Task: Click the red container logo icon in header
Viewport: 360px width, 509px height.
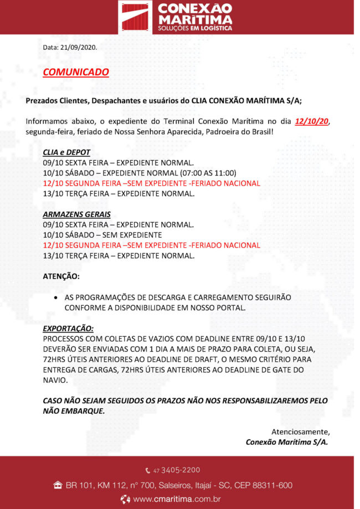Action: pos(136,17)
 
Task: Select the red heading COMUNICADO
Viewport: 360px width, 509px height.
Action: pos(76,72)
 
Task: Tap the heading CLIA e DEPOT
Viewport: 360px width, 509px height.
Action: pos(66,152)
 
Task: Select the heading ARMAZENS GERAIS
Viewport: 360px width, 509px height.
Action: pos(76,214)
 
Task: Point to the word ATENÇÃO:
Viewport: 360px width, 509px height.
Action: pos(61,276)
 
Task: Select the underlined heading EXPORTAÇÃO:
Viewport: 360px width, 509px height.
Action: pos(68,328)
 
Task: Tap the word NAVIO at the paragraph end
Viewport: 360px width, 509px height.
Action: pos(55,381)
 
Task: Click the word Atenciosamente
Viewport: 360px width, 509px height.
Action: pos(300,431)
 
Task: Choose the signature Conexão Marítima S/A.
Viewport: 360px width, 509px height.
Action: pos(287,442)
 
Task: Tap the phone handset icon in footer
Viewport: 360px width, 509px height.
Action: pos(148,471)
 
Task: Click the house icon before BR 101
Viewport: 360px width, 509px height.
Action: pos(57,486)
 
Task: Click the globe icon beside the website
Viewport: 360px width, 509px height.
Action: pos(125,500)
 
